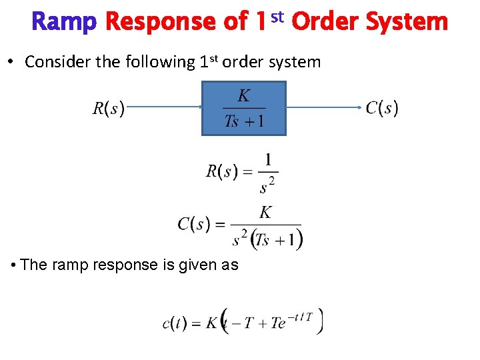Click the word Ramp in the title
64,22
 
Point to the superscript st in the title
277,16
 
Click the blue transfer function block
244,108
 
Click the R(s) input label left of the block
108,108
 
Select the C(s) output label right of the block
382,107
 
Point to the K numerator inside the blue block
244,96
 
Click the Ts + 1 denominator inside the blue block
244,121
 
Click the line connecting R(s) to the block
163,106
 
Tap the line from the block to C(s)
324,107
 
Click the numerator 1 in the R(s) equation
268,160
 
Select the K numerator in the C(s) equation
265,213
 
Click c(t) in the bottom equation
175,323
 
